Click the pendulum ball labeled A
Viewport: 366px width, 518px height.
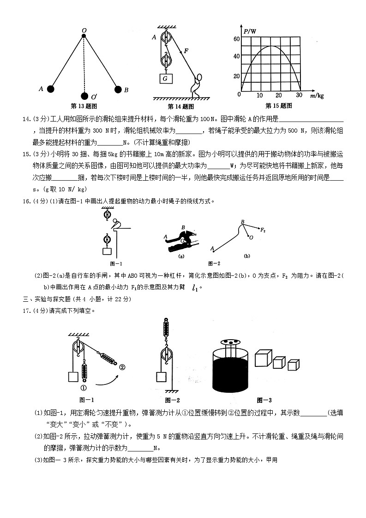tap(51, 89)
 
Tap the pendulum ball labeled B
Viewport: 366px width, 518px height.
tap(118, 89)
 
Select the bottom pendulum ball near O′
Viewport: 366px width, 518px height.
tap(84, 96)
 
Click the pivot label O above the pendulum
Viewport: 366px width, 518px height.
tap(84, 30)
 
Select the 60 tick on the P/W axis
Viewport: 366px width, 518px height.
tap(236, 39)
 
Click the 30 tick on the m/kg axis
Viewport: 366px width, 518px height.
tap(299, 95)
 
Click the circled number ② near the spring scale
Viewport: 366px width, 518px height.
tap(122, 367)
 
